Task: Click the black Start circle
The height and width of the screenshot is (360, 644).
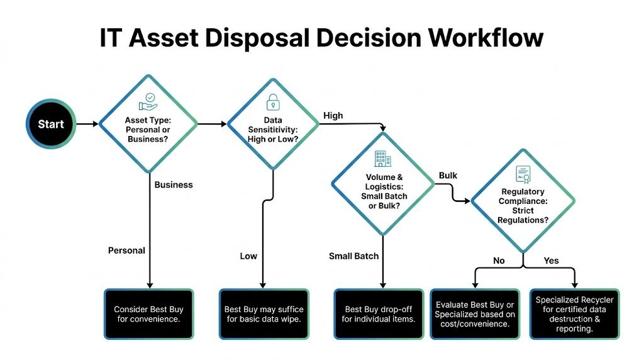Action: click(50, 124)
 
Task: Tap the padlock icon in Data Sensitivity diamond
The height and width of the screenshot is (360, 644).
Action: click(273, 101)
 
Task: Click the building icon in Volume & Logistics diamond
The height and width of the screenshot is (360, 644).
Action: click(380, 158)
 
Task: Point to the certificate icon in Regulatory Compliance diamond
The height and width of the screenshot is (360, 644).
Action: click(523, 174)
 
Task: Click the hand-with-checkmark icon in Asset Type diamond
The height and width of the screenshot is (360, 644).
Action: click(148, 101)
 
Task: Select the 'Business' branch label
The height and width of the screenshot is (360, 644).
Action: click(174, 184)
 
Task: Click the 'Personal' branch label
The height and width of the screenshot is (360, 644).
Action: click(126, 250)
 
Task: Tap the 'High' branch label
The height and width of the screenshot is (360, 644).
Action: click(333, 115)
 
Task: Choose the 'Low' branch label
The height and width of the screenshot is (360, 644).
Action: click(248, 256)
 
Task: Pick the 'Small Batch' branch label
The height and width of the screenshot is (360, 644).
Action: click(354, 256)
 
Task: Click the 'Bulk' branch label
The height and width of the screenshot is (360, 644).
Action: click(448, 175)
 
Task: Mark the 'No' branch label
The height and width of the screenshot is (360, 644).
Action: click(499, 261)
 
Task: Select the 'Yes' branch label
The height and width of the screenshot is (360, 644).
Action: click(551, 261)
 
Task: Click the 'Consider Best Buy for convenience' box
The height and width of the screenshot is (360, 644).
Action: click(148, 314)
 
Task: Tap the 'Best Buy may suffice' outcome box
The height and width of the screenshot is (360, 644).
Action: click(264, 314)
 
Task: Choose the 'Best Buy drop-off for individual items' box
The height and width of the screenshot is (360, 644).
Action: click(379, 314)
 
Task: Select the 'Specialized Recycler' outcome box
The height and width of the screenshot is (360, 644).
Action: click(574, 314)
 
